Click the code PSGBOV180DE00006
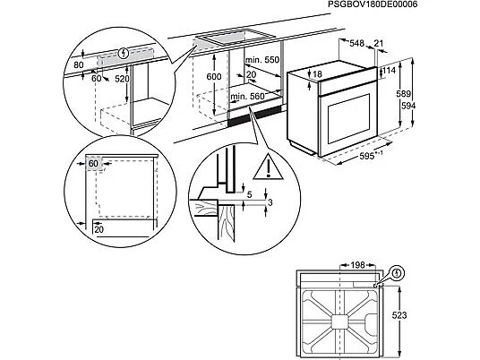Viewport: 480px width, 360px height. pyautogui.click(x=373, y=4)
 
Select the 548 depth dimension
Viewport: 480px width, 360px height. pyautogui.click(x=357, y=44)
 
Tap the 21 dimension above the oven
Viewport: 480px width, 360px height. pyautogui.click(x=379, y=43)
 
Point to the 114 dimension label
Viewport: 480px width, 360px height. pyautogui.click(x=390, y=71)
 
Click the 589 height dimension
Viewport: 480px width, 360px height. pyautogui.click(x=404, y=94)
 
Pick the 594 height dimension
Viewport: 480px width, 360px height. pyautogui.click(x=408, y=106)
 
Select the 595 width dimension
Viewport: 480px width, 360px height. pyautogui.click(x=367, y=157)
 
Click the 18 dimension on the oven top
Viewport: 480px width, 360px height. pyautogui.click(x=318, y=74)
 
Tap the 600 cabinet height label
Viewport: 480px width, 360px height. pyautogui.click(x=214, y=76)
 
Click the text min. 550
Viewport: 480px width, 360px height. pyautogui.click(x=262, y=60)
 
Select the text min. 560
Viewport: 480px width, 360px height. pyautogui.click(x=247, y=97)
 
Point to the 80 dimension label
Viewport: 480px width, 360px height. pyautogui.click(x=79, y=64)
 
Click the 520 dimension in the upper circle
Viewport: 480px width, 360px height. pyautogui.click(x=122, y=79)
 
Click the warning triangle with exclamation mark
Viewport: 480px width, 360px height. pyautogui.click(x=268, y=167)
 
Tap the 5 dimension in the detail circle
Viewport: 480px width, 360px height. pyautogui.click(x=250, y=194)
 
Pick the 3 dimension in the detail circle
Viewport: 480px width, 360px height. pyautogui.click(x=270, y=202)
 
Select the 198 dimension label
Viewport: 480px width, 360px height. pyautogui.click(x=357, y=265)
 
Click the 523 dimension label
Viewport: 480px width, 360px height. pyautogui.click(x=399, y=315)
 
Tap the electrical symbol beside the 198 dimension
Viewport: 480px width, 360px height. pyautogui.click(x=398, y=273)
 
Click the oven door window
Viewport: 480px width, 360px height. pyautogui.click(x=348, y=119)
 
